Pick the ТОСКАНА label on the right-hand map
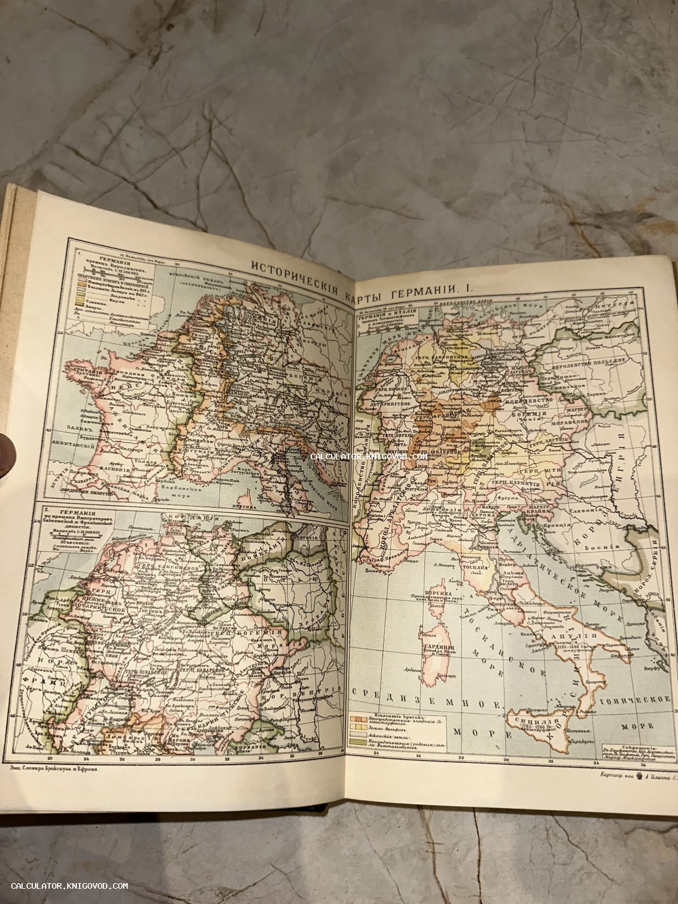point(476,569)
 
